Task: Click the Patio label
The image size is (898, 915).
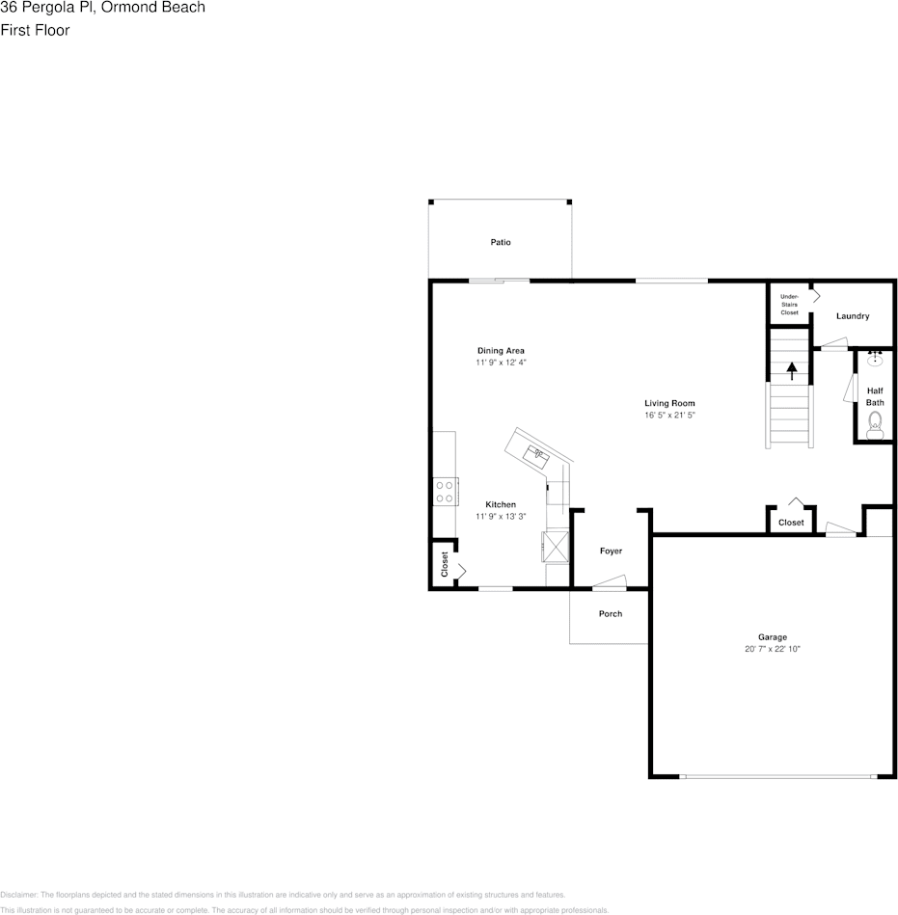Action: (500, 242)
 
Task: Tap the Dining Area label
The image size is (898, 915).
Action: (501, 350)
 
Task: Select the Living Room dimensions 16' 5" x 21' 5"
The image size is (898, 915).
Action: (669, 415)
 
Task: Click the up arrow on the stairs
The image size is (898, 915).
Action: (792, 370)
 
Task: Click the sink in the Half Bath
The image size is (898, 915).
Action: (875, 360)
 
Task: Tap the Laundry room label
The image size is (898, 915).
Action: (853, 316)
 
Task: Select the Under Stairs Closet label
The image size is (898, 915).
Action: (789, 305)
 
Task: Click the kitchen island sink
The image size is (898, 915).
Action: (536, 452)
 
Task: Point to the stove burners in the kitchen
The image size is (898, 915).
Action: (445, 492)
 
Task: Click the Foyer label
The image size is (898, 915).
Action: (611, 551)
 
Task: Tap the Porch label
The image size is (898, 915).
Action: (611, 613)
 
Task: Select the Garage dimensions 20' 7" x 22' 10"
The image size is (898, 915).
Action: (772, 649)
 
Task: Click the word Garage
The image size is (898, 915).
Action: (772, 636)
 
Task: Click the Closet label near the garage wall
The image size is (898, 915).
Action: (791, 522)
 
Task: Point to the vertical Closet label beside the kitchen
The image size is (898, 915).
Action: (445, 564)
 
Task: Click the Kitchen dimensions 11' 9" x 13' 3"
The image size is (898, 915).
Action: (501, 516)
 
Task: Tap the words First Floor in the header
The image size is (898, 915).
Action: (35, 30)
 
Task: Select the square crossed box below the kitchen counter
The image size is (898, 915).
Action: (557, 547)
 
